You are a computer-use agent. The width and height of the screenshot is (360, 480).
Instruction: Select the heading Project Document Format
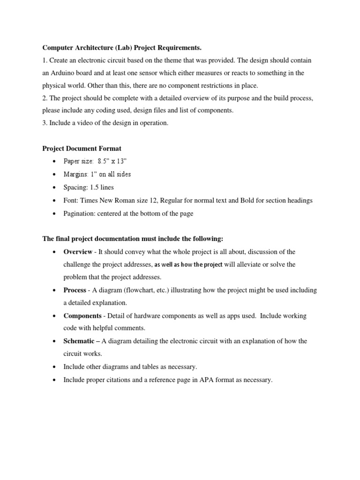[82, 149]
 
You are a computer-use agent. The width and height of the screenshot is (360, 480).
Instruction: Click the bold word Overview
[78, 252]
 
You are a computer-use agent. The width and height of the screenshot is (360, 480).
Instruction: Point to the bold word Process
[75, 290]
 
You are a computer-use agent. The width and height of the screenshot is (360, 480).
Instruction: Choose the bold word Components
[82, 316]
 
